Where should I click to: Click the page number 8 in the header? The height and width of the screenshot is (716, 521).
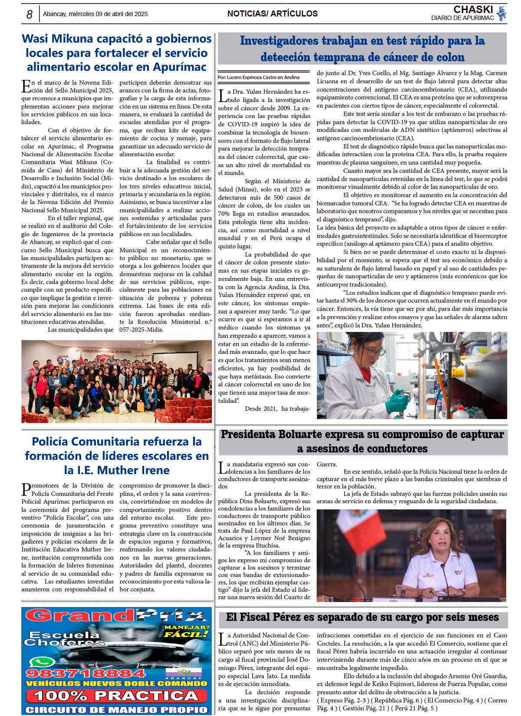[x=29, y=14]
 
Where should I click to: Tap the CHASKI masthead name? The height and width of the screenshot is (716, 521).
[x=473, y=10]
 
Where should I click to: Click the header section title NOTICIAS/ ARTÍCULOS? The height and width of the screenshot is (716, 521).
[x=272, y=14]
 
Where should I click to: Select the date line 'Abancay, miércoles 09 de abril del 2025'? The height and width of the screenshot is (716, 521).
[x=95, y=14]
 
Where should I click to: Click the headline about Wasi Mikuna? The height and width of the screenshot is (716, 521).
[x=116, y=53]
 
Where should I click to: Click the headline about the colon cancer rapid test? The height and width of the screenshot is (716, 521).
[x=362, y=49]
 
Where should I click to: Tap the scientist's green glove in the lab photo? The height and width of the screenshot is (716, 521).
[x=396, y=401]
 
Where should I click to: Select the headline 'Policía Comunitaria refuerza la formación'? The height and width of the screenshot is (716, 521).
[x=116, y=455]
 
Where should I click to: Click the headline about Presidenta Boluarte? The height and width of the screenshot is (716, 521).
[x=362, y=441]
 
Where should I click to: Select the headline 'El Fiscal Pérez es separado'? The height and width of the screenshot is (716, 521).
[x=362, y=617]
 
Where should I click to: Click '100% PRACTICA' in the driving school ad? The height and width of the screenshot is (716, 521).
[x=116, y=695]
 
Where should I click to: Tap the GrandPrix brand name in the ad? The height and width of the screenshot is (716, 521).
[x=116, y=615]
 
